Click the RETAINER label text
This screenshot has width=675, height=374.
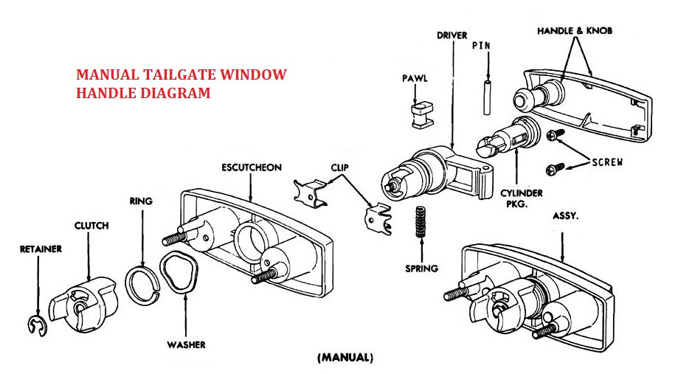41,249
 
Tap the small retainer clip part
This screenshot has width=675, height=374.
35,325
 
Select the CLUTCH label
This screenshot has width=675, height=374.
91,226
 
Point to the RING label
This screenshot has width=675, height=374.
141,201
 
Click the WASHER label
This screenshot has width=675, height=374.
186,344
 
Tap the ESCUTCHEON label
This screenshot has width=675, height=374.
252,167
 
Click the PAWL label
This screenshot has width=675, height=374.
413,78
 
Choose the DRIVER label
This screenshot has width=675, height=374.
453,35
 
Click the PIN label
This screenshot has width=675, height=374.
482,45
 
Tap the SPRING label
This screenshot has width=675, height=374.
422,269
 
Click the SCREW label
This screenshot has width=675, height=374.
607,162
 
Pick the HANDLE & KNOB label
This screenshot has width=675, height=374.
575,31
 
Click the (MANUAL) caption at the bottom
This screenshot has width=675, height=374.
345,359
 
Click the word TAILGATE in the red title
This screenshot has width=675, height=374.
173,75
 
